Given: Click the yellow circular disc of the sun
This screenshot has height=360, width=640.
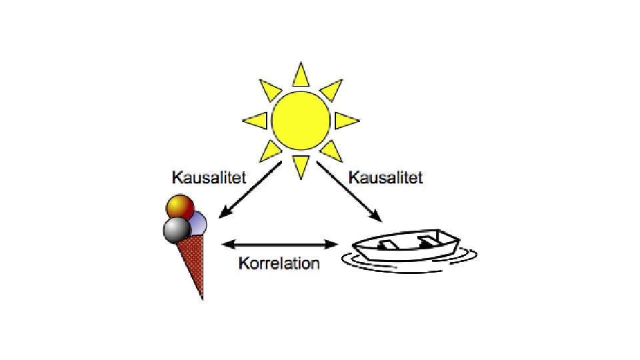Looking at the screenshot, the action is coord(301,121).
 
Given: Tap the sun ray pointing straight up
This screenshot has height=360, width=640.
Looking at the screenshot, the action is coord(301,75).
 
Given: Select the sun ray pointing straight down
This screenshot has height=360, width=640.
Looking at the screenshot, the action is coord(301,165).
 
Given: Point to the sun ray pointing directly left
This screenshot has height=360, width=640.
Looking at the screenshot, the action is coord(256,121).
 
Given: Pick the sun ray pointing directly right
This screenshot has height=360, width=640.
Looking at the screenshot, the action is coord(345,121).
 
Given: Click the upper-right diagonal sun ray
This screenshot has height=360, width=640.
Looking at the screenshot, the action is coord(331,90).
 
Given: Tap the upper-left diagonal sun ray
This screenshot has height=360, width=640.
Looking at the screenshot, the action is coord(269,90).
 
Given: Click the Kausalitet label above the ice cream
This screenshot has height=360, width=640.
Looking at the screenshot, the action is coord(209,178).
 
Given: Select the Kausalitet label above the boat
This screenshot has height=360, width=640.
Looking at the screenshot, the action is coord(385,178).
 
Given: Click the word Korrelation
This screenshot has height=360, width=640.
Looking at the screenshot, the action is coord(279,263).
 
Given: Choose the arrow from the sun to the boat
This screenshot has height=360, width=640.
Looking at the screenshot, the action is coord(347,191).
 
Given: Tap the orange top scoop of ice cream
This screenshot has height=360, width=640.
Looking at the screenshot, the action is coord(178,207).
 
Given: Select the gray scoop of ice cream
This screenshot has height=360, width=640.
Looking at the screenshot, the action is coord(175,229).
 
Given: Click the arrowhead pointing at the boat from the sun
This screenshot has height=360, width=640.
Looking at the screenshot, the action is coord(377,217).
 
